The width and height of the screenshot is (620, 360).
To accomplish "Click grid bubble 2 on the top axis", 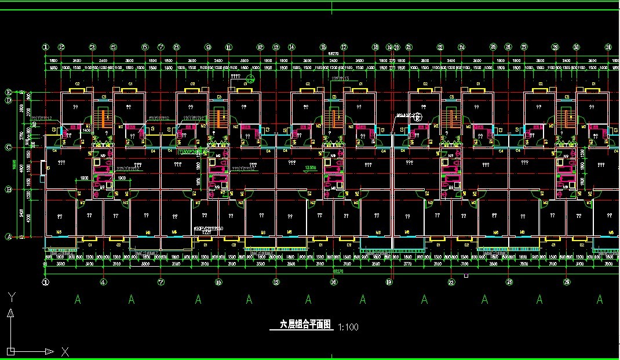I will click(61, 48).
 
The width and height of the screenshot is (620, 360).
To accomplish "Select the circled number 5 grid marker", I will click(114, 48).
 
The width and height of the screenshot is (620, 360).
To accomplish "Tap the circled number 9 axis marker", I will click(208, 48).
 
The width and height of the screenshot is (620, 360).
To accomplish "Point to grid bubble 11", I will click(229, 48).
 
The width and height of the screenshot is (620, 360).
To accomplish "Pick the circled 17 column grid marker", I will click(344, 48).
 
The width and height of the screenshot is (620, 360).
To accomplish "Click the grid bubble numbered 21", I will click(409, 48).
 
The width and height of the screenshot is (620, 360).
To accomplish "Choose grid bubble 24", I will click(461, 48).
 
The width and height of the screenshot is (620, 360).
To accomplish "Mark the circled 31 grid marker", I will click(608, 48).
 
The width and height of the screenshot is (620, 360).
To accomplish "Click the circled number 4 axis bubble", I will click(103, 282).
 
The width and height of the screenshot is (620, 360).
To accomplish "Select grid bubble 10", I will click(218, 282).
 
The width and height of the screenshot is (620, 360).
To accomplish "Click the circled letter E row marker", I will click(9, 92).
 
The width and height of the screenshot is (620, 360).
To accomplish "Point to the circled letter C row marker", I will click(9, 147).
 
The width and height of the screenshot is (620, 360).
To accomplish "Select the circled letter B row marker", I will click(9, 190).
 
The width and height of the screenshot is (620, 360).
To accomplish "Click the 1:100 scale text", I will click(348, 327).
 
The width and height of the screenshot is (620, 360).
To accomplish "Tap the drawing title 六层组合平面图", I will click(305, 325).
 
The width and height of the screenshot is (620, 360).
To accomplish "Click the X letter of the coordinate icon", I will click(65, 351).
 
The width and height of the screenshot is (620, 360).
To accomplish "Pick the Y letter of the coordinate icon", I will click(11, 298).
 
